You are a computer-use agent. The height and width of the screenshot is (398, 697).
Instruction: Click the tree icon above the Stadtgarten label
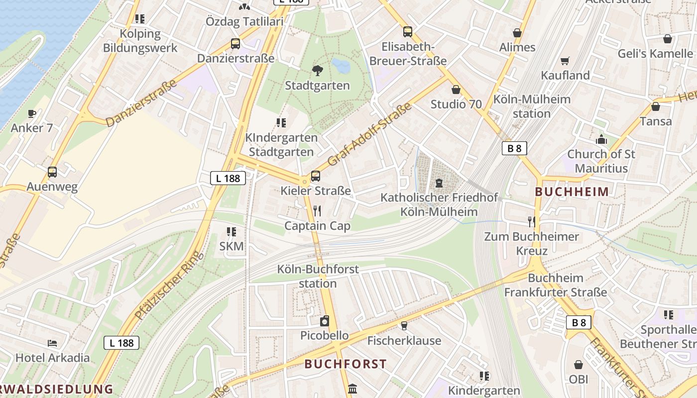pyautogui.click(x=317, y=70)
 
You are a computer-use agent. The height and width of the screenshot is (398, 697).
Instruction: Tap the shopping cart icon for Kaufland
pyautogui.click(x=565, y=61)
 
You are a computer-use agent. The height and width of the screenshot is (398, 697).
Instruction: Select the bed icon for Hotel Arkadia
pyautogui.click(x=52, y=343)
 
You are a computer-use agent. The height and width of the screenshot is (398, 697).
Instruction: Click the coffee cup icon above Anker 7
pyautogui.click(x=32, y=113)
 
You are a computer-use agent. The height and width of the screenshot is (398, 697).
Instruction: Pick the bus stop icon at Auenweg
pyautogui.click(x=52, y=172)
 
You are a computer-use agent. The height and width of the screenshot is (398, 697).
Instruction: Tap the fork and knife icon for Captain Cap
pyautogui.click(x=317, y=211)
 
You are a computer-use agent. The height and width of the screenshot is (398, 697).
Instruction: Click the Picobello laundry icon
pyautogui.click(x=325, y=321)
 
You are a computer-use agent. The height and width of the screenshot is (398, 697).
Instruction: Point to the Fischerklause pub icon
pyautogui.click(x=404, y=326)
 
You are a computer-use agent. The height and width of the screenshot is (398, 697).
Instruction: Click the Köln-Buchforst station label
pyautogui.click(x=318, y=277)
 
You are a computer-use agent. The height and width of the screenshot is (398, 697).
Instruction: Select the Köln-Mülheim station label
pyautogui.click(x=532, y=106)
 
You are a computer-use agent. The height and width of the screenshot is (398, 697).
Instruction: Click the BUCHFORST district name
pyautogui.click(x=346, y=364)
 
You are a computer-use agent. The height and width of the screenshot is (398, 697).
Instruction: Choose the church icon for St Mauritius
pyautogui.click(x=601, y=139)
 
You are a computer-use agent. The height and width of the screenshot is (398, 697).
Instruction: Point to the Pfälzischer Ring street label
pyautogui.click(x=169, y=286)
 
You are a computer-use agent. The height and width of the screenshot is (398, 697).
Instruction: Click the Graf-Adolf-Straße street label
pyautogui.click(x=370, y=134)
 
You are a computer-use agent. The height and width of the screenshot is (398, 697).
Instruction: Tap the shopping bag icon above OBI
pyautogui.click(x=579, y=365)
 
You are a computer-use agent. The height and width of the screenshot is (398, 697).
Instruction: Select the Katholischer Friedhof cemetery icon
pyautogui.click(x=439, y=183)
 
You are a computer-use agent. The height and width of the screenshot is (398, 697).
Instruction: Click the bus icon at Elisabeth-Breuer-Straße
pyautogui.click(x=408, y=32)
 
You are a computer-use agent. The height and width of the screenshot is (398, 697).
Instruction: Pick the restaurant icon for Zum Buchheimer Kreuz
pyautogui.click(x=532, y=221)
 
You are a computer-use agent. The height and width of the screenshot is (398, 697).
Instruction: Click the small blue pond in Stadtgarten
pyautogui.click(x=341, y=65)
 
